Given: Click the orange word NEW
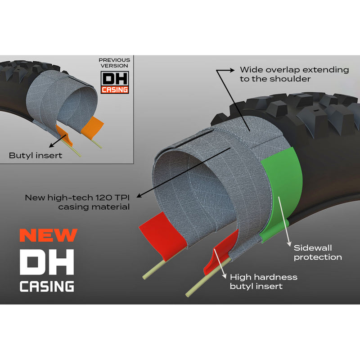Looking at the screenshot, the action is coord(49,235).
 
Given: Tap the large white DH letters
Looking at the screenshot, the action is coord(47,262).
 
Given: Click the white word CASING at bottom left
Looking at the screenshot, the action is coord(47,286).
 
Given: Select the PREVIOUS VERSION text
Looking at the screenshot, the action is coord(114,63).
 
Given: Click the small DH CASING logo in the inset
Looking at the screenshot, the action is coord(115,82).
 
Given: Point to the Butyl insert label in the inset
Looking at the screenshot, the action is coord(36,155).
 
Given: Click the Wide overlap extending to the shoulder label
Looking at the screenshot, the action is coord(294,74).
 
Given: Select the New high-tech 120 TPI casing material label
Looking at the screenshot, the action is coord(77,202).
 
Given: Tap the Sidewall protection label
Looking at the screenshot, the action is coord(318,252).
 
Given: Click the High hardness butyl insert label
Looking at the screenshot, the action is coord(264,282).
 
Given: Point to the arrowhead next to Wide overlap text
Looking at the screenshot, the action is coord(232,70).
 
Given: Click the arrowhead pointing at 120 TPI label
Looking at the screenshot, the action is coord(139,196).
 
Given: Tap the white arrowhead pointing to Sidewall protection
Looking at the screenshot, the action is coord(289,243).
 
